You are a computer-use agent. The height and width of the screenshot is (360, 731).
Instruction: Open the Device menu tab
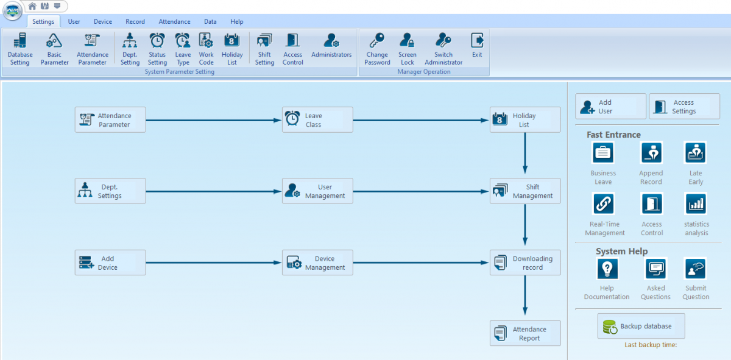(x=103, y=21)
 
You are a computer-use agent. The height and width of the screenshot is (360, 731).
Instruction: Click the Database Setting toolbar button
(x=20, y=49)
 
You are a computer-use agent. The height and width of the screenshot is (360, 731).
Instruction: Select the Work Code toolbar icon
(x=206, y=41)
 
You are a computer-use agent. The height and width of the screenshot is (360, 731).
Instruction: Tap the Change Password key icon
(x=377, y=40)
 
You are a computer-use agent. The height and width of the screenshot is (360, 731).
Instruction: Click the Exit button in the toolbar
(x=477, y=45)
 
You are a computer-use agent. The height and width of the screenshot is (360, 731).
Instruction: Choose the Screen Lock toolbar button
(x=408, y=49)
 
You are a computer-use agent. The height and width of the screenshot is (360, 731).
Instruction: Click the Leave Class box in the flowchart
(x=317, y=120)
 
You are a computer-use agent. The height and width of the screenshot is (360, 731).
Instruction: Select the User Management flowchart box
(x=317, y=191)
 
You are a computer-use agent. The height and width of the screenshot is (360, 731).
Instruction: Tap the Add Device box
(x=110, y=263)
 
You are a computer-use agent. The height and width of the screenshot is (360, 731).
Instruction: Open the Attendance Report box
(x=525, y=333)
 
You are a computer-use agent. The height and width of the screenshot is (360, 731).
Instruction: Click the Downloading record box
(x=525, y=263)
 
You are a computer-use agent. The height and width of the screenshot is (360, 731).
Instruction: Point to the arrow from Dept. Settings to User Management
(x=214, y=192)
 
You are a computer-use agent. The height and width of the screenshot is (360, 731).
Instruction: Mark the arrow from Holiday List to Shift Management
(x=525, y=154)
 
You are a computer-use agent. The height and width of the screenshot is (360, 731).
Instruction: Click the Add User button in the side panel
(x=610, y=107)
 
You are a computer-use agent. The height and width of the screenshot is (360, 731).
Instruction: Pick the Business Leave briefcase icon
(x=602, y=152)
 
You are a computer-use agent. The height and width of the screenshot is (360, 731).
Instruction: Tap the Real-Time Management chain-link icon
(x=604, y=203)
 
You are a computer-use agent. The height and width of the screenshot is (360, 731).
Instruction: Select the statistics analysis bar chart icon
(x=696, y=203)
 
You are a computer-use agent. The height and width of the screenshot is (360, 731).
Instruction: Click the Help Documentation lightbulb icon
(x=607, y=269)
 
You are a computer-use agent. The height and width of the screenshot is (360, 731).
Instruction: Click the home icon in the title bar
(x=32, y=6)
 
